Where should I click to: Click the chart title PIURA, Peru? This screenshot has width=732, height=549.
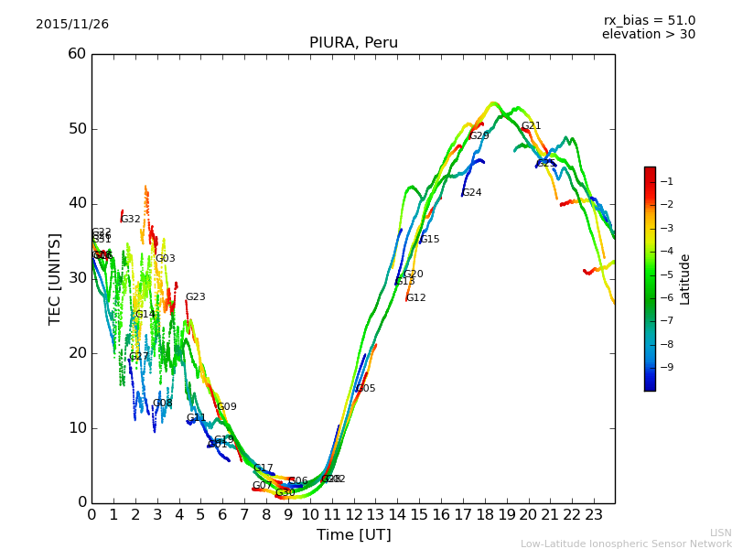coord(353,43)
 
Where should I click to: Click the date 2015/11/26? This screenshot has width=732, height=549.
coord(72,25)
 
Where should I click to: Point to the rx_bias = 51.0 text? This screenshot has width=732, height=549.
coord(649,21)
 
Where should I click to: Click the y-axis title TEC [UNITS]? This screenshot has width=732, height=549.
coord(55,279)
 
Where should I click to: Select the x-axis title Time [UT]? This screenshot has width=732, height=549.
coord(353,535)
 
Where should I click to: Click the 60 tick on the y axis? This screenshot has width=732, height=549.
coord(77,54)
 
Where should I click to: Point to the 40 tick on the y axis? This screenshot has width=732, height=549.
coord(77,203)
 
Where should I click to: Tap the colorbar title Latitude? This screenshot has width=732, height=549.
coord(685,279)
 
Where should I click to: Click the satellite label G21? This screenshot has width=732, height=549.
coord(531,126)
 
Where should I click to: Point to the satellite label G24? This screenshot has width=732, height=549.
coord(471,193)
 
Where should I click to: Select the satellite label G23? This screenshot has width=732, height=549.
coord(195,297)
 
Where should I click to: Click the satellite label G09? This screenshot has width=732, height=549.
coord(226,407)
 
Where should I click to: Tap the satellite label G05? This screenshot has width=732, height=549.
coord(365,389)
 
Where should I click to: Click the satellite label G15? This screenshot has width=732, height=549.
coord(429,240)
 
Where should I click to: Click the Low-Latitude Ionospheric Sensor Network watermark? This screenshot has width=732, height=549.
coord(626,544)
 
